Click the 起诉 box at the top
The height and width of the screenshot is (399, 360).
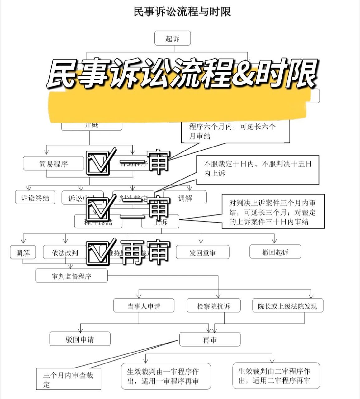[173, 38]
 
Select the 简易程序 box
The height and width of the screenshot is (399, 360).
[54, 164]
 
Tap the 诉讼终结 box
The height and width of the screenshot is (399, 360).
[35, 198]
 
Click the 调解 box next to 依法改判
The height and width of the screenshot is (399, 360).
[23, 252]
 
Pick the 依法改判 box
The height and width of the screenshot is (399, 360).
[65, 252]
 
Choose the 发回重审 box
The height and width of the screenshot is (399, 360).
[202, 252]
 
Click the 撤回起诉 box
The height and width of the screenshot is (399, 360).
[275, 252]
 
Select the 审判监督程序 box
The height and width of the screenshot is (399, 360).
[71, 276]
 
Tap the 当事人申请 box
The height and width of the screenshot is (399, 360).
[144, 306]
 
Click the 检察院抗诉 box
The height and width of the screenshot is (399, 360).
[214, 306]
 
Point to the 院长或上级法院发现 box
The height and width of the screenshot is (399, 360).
[287, 306]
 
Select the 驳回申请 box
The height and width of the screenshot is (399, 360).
[80, 339]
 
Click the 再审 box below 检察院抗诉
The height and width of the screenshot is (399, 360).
[210, 339]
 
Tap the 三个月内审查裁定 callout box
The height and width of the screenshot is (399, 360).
[68, 379]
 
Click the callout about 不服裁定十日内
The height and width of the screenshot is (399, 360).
[258, 170]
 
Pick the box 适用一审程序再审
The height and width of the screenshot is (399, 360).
[166, 376]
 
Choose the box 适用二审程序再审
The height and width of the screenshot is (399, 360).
[276, 376]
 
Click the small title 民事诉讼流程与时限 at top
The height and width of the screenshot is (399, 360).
[182, 12]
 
